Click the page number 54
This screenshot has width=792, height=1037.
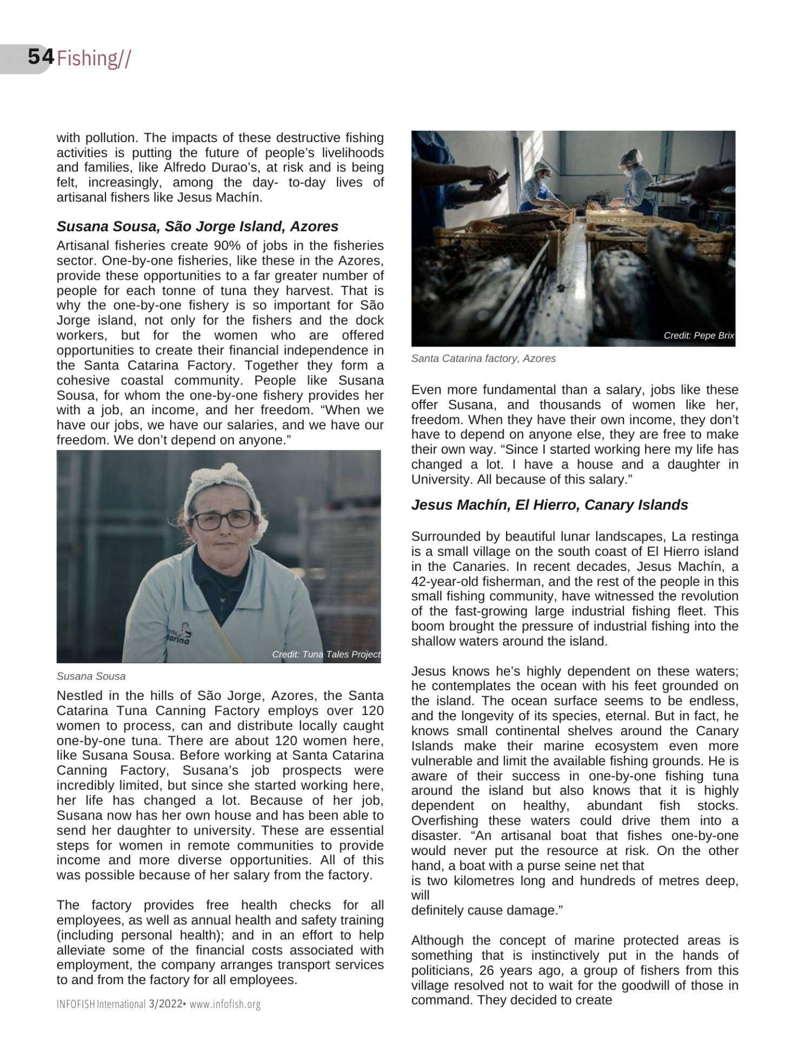pyautogui.click(x=41, y=57)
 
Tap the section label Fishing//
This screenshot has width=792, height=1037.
pyautogui.click(x=93, y=58)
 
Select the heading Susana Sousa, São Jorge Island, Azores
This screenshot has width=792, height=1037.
pyautogui.click(x=197, y=226)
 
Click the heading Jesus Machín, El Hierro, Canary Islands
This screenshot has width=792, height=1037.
pyautogui.click(x=549, y=505)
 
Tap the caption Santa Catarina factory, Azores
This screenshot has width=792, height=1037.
pyautogui.click(x=483, y=358)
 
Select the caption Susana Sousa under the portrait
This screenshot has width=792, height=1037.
pyautogui.click(x=91, y=676)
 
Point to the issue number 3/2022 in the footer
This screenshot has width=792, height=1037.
pyautogui.click(x=165, y=1004)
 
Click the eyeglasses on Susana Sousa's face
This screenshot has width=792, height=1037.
pyautogui.click(x=223, y=520)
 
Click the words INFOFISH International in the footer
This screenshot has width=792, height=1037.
pyautogui.click(x=101, y=1004)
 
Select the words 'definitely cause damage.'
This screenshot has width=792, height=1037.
pyautogui.click(x=487, y=911)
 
